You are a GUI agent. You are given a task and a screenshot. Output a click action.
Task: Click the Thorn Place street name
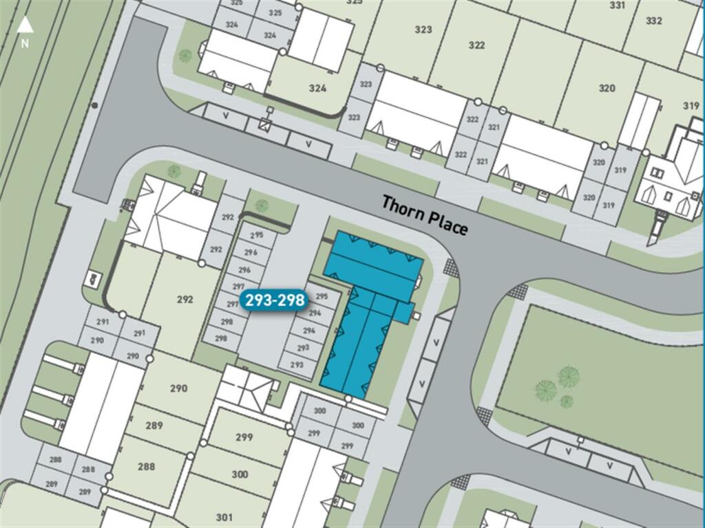pos(425,214)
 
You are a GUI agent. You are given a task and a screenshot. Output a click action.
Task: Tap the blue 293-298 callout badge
pos(274,301)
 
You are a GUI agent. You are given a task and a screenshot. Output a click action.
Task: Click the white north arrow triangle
pos(25,26)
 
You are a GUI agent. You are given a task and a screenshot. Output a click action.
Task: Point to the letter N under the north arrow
pos(25,43)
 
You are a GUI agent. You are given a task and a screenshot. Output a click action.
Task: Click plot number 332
pos(654,21)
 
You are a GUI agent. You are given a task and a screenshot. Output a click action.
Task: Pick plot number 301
pos(224,517)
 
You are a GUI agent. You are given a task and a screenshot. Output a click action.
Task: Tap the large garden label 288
pos(146,466)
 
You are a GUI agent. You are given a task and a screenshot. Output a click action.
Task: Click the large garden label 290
pos(178,388)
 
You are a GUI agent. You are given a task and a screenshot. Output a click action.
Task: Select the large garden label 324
pos(317,88)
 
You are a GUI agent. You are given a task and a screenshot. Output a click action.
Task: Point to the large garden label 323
pos(423,30)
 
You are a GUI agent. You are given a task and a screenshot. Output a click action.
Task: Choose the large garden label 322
pos(476,45)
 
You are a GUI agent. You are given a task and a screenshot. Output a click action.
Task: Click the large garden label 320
pos(607,88)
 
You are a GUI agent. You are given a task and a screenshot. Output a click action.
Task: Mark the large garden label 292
pos(185,300)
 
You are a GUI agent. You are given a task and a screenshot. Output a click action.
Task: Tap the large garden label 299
pos(244,437)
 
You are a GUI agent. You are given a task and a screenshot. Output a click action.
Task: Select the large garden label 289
pos(154,426)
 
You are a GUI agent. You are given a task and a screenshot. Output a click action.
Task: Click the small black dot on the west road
pos(94,105)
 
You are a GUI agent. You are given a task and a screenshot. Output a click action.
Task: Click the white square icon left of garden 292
pos(92,279)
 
